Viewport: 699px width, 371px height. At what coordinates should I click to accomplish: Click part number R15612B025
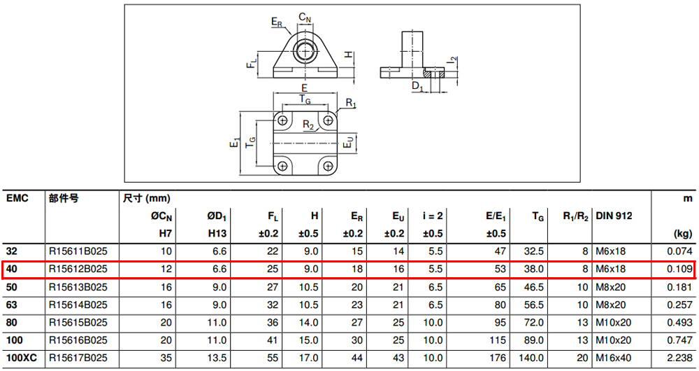pyautogui.click(x=78, y=269)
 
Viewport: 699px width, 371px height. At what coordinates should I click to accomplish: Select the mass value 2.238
pyautogui.click(x=680, y=358)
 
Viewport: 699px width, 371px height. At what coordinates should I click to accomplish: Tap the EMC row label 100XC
pyautogui.click(x=22, y=358)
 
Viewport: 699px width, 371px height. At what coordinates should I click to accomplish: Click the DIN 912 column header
pyautogui.click(x=614, y=216)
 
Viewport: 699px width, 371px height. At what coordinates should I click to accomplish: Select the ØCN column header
pyautogui.click(x=161, y=216)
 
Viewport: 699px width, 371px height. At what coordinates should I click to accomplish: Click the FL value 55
pyautogui.click(x=273, y=358)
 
